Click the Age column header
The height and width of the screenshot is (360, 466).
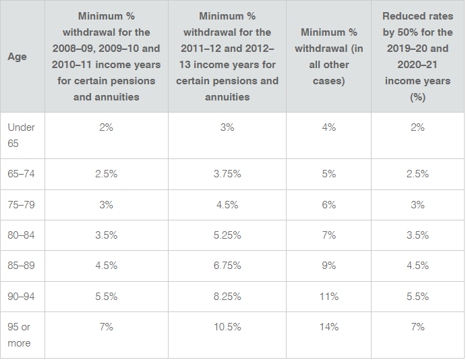18,57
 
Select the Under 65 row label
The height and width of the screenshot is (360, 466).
22,134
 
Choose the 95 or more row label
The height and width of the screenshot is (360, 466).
20,334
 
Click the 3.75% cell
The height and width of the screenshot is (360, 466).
227,174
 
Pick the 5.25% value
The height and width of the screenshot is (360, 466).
227,235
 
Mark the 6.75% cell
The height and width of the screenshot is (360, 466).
227,266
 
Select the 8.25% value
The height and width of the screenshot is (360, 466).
227,296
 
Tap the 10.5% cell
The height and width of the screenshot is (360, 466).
227,327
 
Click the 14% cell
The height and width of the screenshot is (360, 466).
328,327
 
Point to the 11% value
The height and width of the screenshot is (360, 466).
328,296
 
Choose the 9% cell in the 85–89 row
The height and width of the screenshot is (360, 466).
328,266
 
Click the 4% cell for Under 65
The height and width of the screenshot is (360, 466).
328,127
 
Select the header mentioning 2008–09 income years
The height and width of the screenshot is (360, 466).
106,57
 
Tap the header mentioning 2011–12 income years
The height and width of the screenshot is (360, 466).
227,57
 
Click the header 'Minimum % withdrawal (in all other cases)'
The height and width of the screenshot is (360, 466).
328,57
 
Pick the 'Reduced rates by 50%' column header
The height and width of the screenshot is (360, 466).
417,57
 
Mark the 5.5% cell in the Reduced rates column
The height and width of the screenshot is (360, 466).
417,296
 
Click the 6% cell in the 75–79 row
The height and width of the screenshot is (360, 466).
328,205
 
